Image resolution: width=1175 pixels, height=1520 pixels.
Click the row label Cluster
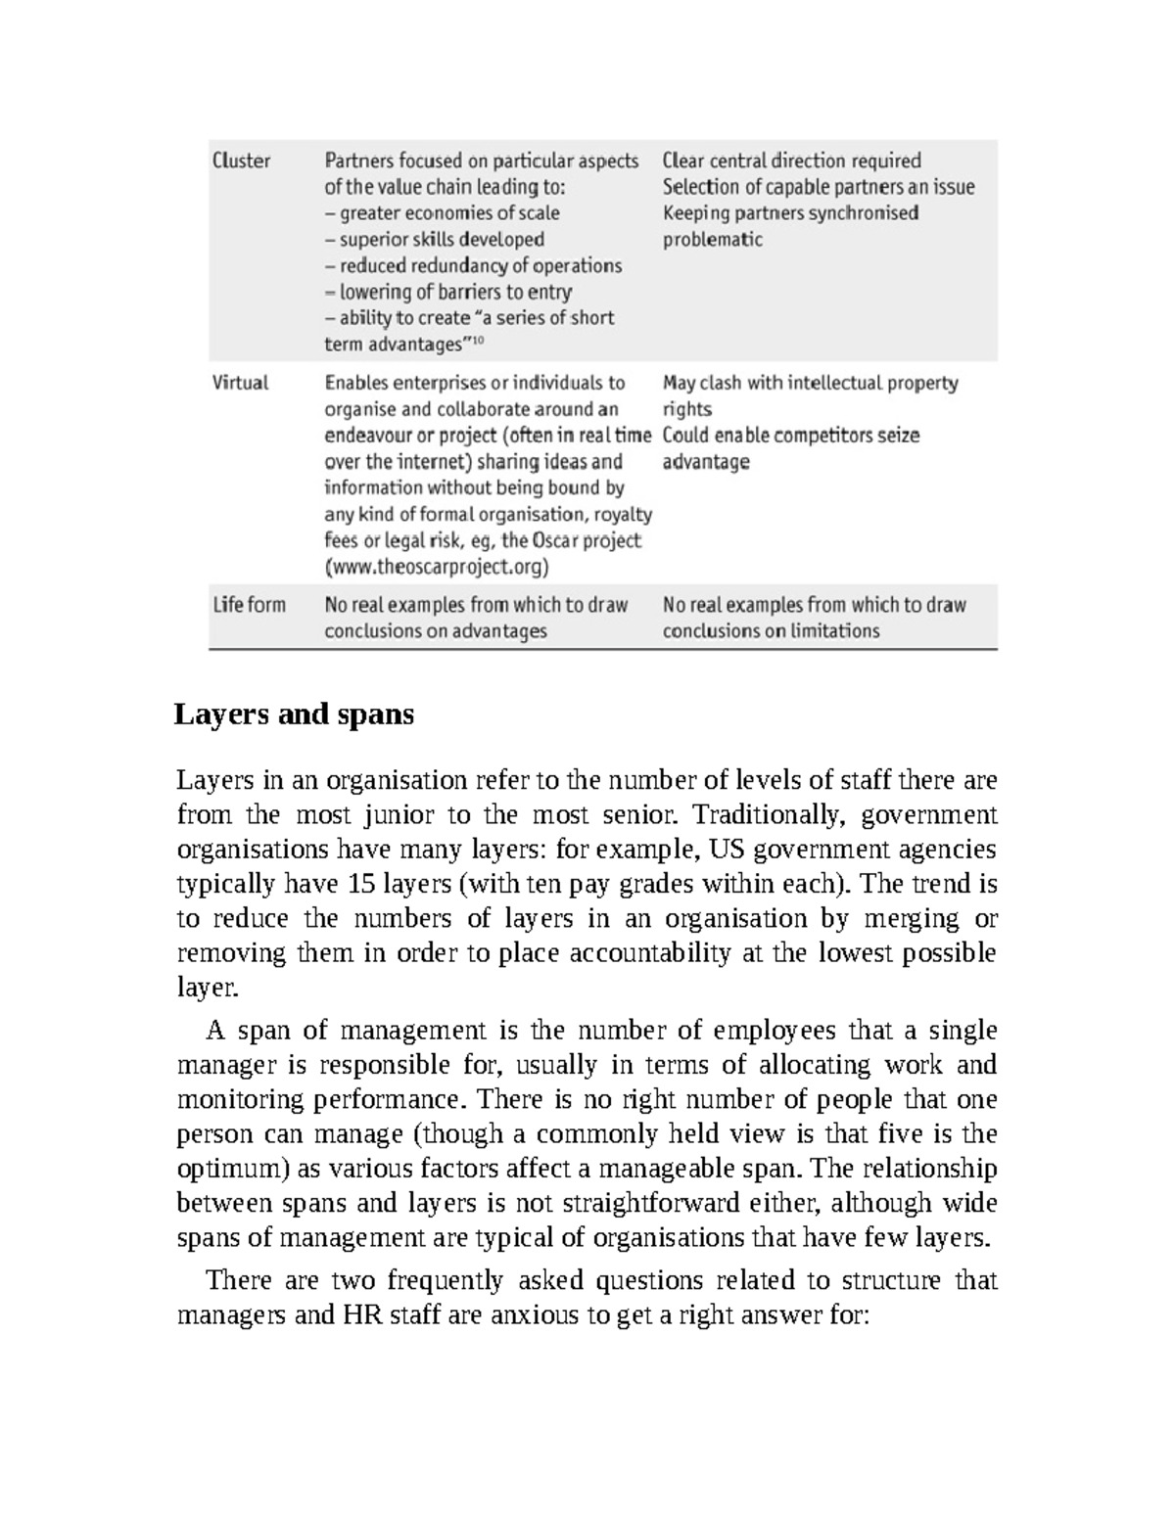(x=242, y=161)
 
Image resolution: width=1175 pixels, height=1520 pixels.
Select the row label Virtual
(x=240, y=383)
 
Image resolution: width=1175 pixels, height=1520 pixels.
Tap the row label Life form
(x=249, y=605)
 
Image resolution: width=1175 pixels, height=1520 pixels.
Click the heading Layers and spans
(x=294, y=714)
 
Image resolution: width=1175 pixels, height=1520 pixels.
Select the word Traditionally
(x=753, y=815)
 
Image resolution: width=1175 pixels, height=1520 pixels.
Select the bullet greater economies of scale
(x=449, y=213)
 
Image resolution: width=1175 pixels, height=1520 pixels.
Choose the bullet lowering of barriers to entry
(x=455, y=292)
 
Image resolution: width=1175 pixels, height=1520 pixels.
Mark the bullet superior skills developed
(x=442, y=240)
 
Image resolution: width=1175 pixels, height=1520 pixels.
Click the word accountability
(x=650, y=952)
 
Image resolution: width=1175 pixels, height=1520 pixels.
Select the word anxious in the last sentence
(x=536, y=1314)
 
